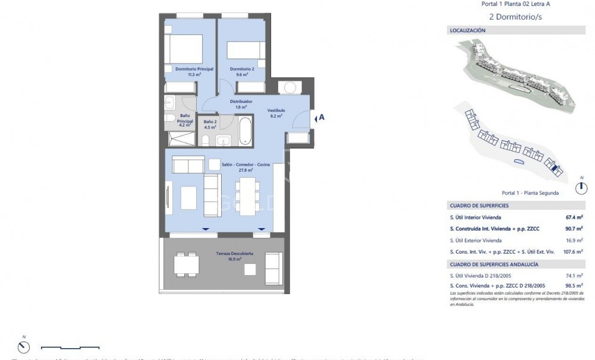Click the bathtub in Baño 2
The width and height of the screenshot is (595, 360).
coord(245,130)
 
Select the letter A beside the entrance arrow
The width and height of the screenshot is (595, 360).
coord(322,118)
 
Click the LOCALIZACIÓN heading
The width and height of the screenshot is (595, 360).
coord(468,30)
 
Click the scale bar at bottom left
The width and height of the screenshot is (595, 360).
coord(70,348)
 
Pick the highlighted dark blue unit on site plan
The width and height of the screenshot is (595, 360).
coord(556,169)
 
